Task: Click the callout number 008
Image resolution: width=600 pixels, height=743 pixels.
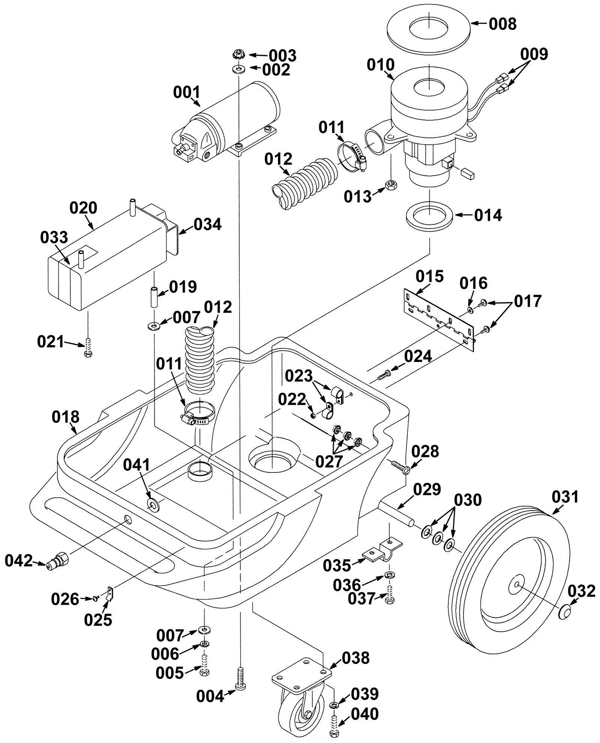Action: pos(502,24)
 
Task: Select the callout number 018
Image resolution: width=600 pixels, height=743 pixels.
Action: pos(66,417)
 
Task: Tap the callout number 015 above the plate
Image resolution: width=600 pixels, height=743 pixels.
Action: pos(429,277)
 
